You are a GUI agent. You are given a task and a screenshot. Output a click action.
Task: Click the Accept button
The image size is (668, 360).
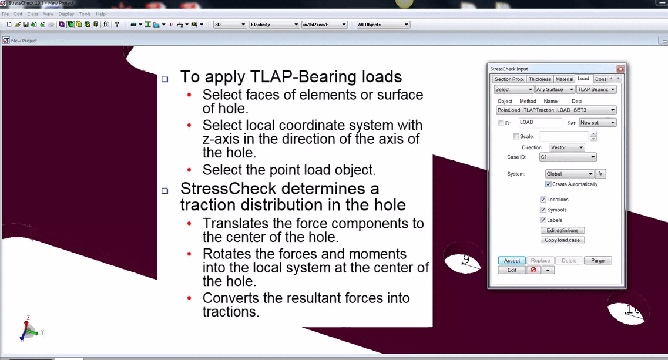[512, 261]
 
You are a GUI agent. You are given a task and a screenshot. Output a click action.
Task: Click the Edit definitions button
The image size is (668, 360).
[562, 231]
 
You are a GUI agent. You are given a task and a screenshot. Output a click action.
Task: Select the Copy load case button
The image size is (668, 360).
[562, 240]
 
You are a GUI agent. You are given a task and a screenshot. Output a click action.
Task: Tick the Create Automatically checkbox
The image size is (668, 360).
[548, 184]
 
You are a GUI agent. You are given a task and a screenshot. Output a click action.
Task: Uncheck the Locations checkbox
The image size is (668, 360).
[543, 200]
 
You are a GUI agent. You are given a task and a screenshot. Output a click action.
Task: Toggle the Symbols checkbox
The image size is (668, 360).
[543, 210]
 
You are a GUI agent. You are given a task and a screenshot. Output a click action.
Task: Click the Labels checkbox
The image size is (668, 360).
[543, 220]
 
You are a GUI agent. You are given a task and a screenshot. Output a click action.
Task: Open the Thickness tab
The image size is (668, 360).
[539, 79]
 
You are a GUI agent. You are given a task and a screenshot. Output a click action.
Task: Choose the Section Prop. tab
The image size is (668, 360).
[509, 79]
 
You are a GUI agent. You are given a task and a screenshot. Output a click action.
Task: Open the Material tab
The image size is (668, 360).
[564, 79]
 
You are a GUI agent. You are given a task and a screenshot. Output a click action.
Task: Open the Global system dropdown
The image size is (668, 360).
[569, 174]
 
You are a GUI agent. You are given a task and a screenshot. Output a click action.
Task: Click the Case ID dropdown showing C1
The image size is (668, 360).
[568, 157]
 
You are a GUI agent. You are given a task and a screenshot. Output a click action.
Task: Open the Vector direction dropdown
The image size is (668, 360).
[567, 147]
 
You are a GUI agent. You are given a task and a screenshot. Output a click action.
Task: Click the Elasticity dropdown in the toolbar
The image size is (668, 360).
[274, 25]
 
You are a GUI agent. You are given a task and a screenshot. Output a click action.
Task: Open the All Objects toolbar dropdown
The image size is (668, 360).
[382, 25]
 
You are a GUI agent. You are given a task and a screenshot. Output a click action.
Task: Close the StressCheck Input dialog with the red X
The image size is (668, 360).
[620, 69]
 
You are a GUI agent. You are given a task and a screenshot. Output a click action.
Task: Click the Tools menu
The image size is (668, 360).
[85, 14]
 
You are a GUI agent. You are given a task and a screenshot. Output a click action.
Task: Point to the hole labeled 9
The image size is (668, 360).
[462, 262]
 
